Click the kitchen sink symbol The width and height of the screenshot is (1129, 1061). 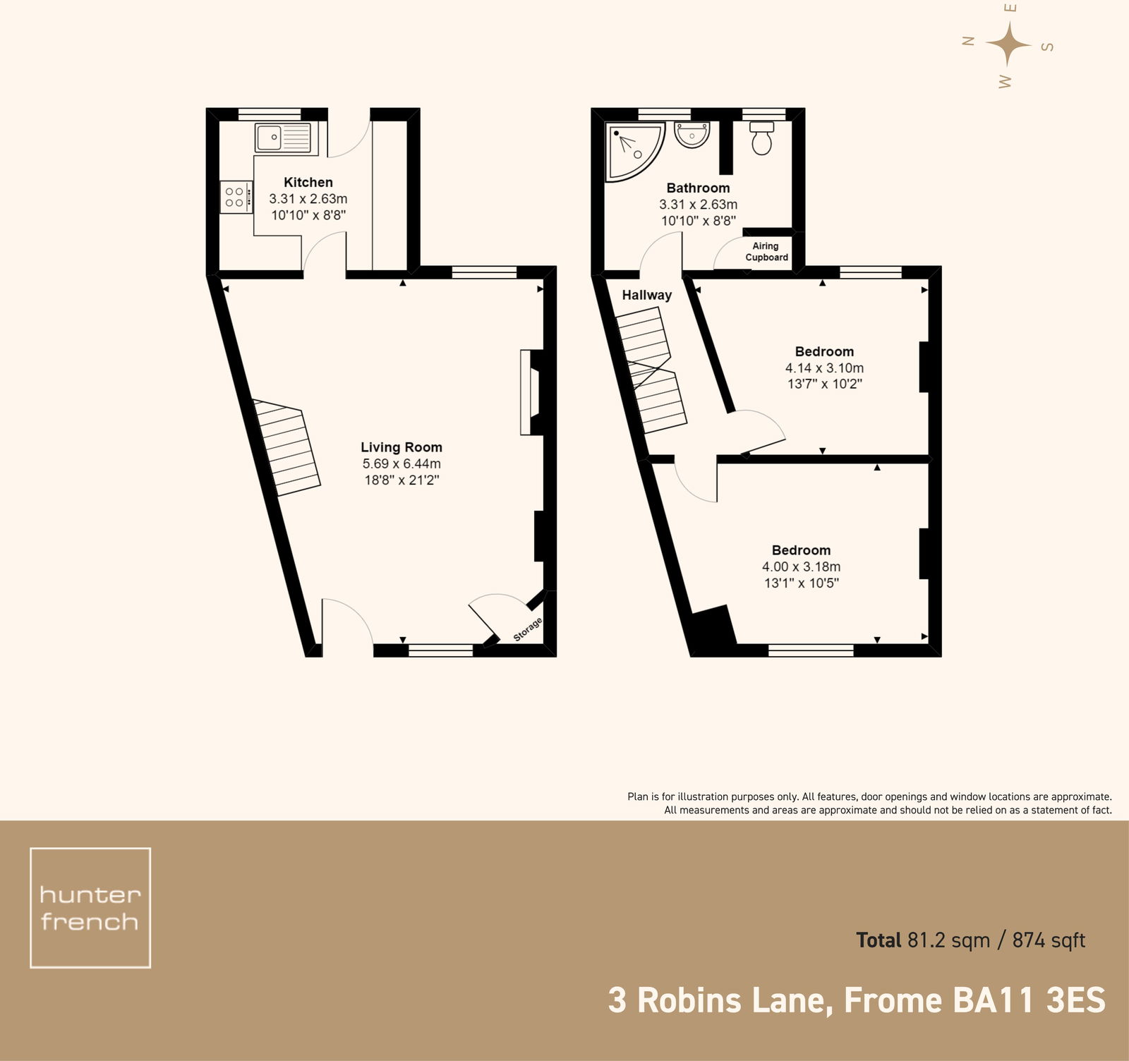283,138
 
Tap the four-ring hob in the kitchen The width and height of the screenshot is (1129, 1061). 236,197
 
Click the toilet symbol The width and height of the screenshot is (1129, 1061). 761,139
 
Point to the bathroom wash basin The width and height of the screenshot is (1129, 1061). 692,134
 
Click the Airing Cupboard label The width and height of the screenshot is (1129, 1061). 766,252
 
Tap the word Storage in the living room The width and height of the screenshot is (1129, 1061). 528,629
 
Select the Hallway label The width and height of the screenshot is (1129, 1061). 646,296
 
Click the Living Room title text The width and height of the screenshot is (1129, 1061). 401,447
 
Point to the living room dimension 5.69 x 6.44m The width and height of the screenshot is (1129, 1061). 401,463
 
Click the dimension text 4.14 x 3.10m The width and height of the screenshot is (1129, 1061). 824,368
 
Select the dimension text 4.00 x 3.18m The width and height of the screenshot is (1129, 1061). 801,566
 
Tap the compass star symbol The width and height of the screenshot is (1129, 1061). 1008,44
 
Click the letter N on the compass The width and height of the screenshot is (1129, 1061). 969,41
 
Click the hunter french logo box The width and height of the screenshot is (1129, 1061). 90,907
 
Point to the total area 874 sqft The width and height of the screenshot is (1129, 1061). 1049,940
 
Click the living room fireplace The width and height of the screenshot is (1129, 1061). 531,392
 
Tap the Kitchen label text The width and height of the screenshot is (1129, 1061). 308,182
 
